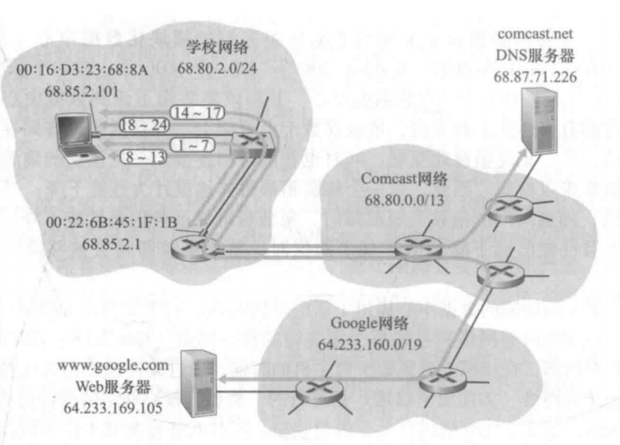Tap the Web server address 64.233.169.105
click(x=106, y=408)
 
